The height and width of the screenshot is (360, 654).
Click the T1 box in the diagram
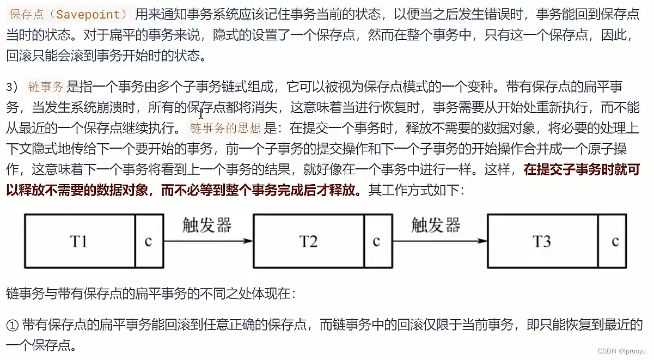[79, 241]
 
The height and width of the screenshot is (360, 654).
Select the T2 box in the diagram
[308, 241]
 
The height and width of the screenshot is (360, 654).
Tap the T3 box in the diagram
[542, 241]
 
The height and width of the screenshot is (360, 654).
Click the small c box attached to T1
[149, 241]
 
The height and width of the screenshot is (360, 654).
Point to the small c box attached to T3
[615, 241]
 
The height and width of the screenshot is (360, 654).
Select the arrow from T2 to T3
[439, 241]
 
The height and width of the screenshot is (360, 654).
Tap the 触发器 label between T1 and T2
[207, 225]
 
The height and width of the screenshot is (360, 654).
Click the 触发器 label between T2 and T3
[436, 225]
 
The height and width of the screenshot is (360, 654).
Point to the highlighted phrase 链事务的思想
[225, 129]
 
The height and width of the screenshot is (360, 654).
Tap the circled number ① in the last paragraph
[13, 325]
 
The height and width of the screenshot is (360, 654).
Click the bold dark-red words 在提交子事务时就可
[582, 170]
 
